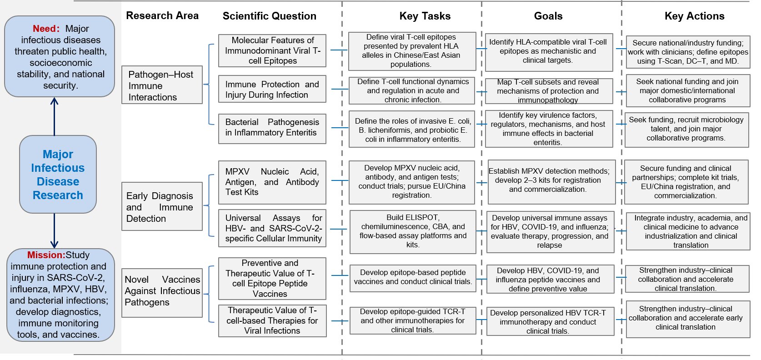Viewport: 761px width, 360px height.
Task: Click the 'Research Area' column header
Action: pos(162,15)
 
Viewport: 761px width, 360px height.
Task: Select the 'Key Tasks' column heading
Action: pos(425,16)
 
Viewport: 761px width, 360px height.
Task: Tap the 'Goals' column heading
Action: pos(548,16)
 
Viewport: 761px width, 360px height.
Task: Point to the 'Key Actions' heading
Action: pos(695,16)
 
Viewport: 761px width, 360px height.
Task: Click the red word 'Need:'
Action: pos(46,29)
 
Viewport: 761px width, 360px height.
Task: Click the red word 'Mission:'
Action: pos(46,255)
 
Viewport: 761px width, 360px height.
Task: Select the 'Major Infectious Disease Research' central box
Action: pos(58,175)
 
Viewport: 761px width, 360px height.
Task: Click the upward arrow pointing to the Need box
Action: pos(55,116)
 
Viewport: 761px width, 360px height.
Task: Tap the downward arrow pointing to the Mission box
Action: pos(55,231)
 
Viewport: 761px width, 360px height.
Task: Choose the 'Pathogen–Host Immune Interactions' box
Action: pos(162,85)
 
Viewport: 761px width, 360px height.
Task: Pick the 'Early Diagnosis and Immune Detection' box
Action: pos(162,206)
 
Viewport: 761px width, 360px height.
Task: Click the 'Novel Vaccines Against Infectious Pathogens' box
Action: pos(162,293)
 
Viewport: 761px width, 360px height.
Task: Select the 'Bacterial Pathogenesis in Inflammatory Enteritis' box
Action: pos(272,129)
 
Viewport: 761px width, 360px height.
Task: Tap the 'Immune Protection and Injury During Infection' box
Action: pos(272,89)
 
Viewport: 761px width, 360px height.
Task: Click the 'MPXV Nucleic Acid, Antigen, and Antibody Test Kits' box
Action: pos(272,182)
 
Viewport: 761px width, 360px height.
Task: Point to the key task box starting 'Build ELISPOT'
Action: pos(413,232)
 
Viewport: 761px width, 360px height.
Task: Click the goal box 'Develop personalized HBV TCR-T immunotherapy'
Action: pos(551,321)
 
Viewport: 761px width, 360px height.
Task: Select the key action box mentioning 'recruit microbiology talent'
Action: pos(686,130)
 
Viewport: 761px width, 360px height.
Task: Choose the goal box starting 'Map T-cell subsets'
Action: pos(549,91)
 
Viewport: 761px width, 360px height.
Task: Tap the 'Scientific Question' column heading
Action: pos(270,16)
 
